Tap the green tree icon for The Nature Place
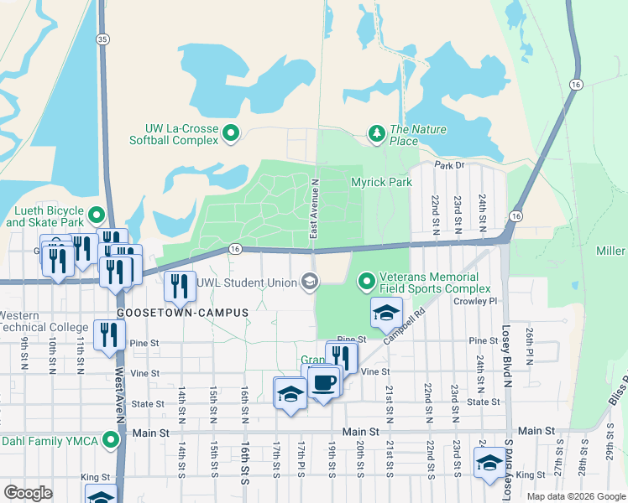(x=377, y=133)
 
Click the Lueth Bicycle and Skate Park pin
(x=97, y=215)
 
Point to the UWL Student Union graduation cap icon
(x=311, y=283)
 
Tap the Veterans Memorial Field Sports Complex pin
(x=366, y=283)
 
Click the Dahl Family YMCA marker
(x=111, y=440)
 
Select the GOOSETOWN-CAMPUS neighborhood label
(x=183, y=313)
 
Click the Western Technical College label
(x=44, y=321)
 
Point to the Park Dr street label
(x=449, y=165)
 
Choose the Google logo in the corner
(x=28, y=493)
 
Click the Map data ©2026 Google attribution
(x=574, y=496)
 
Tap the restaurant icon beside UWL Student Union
(x=181, y=285)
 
